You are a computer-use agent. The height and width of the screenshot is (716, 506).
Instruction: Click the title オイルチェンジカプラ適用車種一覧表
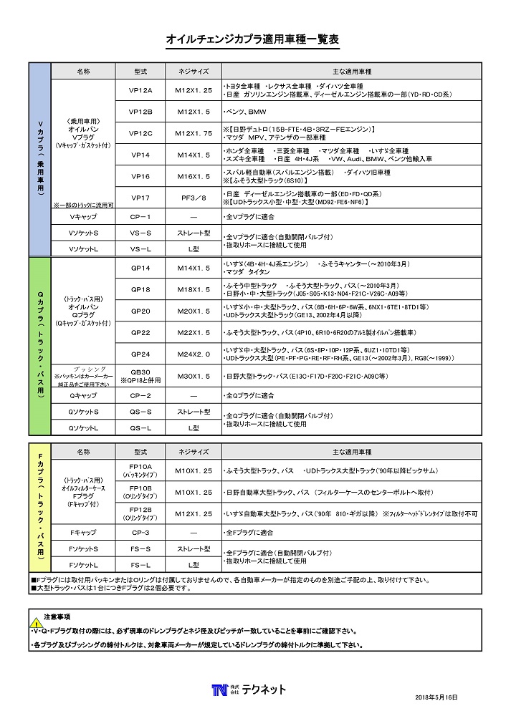tap(252, 40)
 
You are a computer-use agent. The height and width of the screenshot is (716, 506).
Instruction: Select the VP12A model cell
tap(140, 91)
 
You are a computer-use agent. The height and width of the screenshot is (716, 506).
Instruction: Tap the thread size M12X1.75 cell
tap(194, 133)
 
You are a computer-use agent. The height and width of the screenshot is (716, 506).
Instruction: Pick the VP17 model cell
tap(140, 198)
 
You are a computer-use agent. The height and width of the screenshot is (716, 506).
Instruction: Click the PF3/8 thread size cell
tap(194, 198)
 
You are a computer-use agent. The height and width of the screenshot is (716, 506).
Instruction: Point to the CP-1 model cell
tap(140, 216)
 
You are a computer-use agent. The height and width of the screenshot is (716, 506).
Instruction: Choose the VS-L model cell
tap(140, 248)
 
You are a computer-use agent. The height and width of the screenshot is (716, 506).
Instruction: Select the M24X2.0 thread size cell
tap(194, 354)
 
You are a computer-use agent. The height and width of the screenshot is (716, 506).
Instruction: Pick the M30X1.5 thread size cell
tap(194, 376)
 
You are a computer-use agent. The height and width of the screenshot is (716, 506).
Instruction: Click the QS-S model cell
tap(140, 412)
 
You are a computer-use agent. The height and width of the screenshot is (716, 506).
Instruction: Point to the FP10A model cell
tap(140, 470)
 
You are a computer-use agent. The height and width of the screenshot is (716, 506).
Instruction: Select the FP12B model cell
tap(140, 513)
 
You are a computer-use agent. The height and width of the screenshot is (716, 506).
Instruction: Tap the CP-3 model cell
tap(140, 533)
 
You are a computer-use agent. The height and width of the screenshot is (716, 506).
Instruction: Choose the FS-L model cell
tap(140, 565)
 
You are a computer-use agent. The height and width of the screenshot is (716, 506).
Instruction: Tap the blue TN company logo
tap(219, 690)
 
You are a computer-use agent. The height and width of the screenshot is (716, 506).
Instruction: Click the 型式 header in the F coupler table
tap(140, 453)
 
